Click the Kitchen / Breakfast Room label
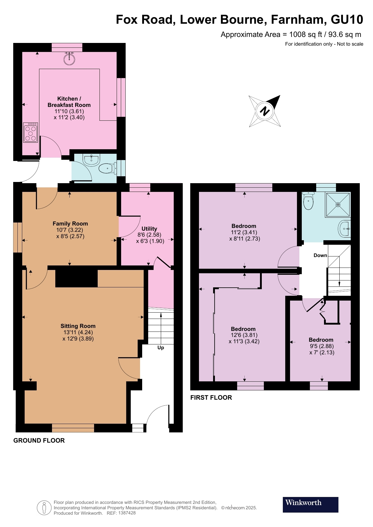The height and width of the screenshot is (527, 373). point(69,102)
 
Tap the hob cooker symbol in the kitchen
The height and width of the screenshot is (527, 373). point(31,132)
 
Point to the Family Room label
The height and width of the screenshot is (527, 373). point(70,223)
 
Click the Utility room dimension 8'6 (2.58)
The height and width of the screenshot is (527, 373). point(149,235)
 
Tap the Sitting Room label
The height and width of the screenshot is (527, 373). point(78,326)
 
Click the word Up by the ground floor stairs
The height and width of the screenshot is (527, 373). point(161,347)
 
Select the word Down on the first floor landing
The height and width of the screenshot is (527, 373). point(320,255)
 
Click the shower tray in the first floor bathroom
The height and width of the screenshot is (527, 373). point(338,204)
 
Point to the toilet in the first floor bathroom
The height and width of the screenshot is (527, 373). point(308,201)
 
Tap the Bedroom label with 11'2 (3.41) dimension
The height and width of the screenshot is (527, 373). point(244,226)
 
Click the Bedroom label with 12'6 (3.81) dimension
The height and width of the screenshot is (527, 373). point(243,329)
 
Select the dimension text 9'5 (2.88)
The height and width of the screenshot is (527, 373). point(322,346)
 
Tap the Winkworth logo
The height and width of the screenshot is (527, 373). point(310,504)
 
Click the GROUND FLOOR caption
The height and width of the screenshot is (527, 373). point(39,441)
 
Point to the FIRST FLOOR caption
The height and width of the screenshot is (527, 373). point(211,398)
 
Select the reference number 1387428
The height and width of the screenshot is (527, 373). point(127,513)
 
